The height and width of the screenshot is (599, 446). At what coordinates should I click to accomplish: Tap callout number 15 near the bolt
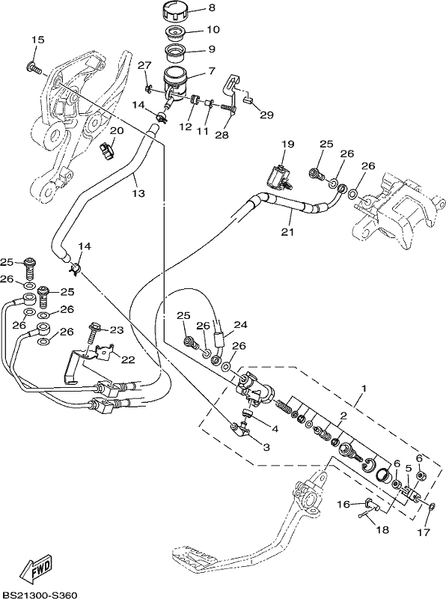[x=38, y=40]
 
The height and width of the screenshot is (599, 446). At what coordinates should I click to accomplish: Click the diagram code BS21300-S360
[x=39, y=595]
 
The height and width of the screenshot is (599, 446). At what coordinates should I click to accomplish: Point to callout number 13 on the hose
[x=138, y=193]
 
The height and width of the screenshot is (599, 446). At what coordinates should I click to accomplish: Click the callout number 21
[x=287, y=231]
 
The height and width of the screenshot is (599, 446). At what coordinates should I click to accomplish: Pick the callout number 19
[x=288, y=144]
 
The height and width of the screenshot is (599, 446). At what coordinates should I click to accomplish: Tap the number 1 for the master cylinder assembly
[x=364, y=389]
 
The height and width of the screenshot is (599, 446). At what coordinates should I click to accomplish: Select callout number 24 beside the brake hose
[x=240, y=325]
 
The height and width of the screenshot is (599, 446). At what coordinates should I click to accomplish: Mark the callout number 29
[x=266, y=115]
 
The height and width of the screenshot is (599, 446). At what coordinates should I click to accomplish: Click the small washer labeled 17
[x=432, y=507]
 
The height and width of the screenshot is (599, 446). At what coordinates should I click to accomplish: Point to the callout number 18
[x=382, y=530]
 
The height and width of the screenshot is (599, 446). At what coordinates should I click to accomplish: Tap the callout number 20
[x=117, y=131]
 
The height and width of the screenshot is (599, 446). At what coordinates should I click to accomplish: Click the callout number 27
[x=144, y=65]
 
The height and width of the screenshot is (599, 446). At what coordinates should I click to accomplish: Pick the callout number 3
[x=266, y=446]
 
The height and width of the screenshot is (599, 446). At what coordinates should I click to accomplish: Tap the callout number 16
[x=343, y=505]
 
